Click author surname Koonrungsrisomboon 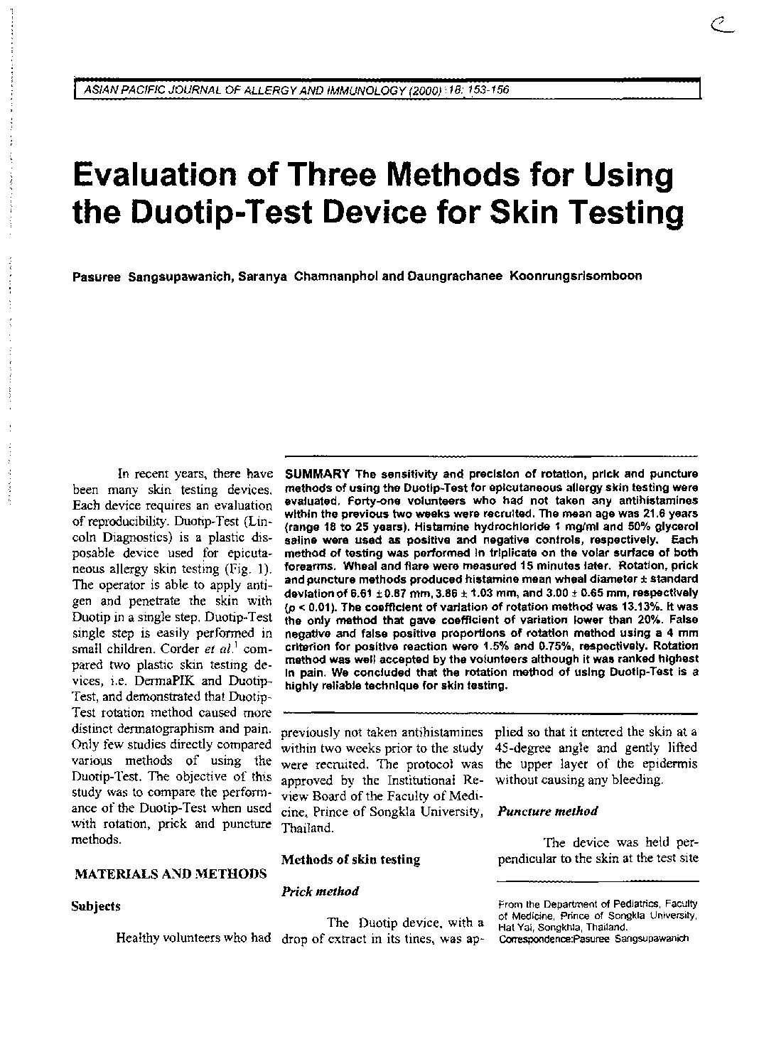pyautogui.click(x=576, y=276)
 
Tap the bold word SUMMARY pyautogui.click(x=317, y=474)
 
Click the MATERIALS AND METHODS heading pyautogui.click(x=171, y=874)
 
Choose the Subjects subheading pyautogui.click(x=96, y=906)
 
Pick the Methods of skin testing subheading pyautogui.click(x=350, y=859)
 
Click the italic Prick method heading pyautogui.click(x=320, y=891)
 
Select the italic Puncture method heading pyautogui.click(x=547, y=811)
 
